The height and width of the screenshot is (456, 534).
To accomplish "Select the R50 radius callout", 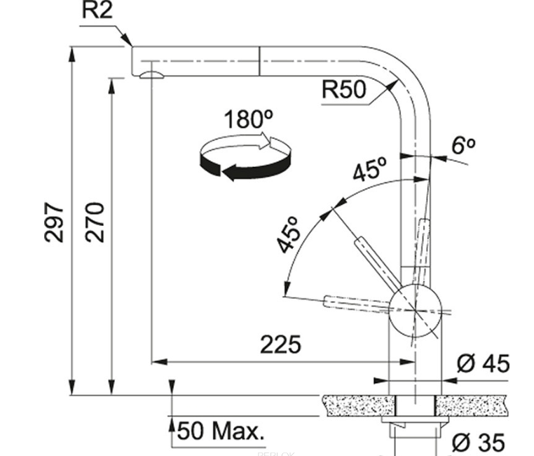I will click(344, 90).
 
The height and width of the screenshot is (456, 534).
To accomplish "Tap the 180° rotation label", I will click(247, 119).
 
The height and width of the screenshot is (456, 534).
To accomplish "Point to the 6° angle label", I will click(463, 145).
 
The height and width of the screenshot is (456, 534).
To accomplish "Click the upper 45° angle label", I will click(369, 171).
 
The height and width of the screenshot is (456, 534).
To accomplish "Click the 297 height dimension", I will click(55, 223).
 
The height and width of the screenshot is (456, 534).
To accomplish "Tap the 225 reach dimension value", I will click(280, 344).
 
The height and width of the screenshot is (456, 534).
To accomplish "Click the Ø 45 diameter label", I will click(483, 363).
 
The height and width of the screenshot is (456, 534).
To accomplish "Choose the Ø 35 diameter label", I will click(480, 442).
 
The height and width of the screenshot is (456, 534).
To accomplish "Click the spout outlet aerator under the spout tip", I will click(150, 75).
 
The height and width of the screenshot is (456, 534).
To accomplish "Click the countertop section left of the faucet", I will click(357, 404).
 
